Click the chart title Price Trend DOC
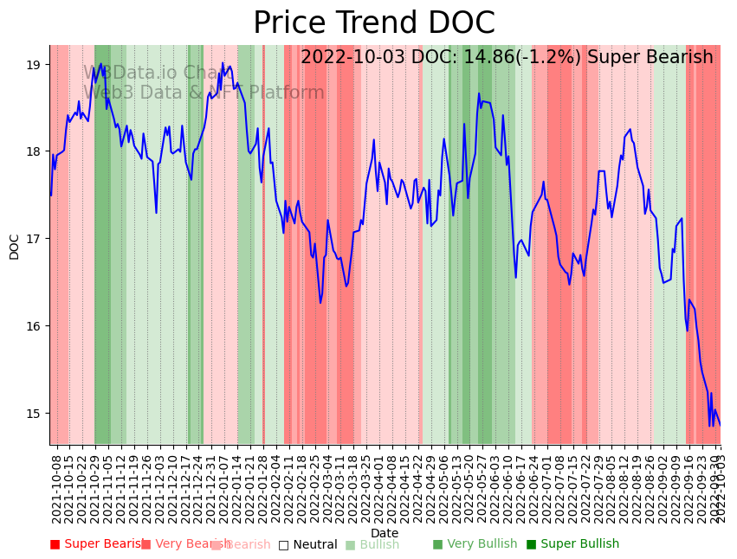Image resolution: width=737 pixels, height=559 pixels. pos(373,23)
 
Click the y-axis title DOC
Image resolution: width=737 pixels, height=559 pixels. pos(14,247)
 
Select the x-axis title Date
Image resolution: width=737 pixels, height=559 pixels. pos(385,533)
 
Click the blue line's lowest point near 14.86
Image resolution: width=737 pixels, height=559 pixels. pos(710,425)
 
